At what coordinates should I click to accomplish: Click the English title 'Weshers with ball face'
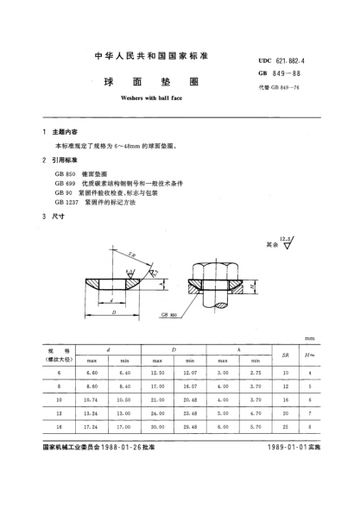pos(142,100)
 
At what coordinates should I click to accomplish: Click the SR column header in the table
pos(284,355)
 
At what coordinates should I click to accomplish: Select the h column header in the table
pos(237,348)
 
